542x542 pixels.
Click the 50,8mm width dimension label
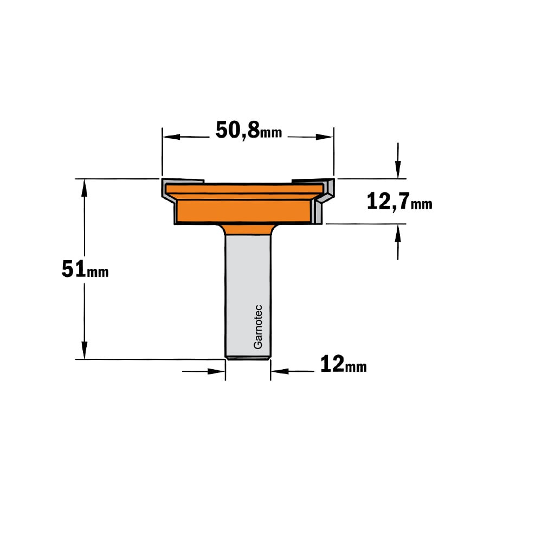pos(249,131)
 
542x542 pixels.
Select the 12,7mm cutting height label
pos(399,202)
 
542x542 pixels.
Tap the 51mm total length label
pos(85,269)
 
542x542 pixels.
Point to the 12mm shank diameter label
pos(343,364)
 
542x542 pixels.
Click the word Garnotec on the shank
pos(258,327)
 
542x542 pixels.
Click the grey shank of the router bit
pos(248,297)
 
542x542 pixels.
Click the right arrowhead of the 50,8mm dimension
pos(324,137)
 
